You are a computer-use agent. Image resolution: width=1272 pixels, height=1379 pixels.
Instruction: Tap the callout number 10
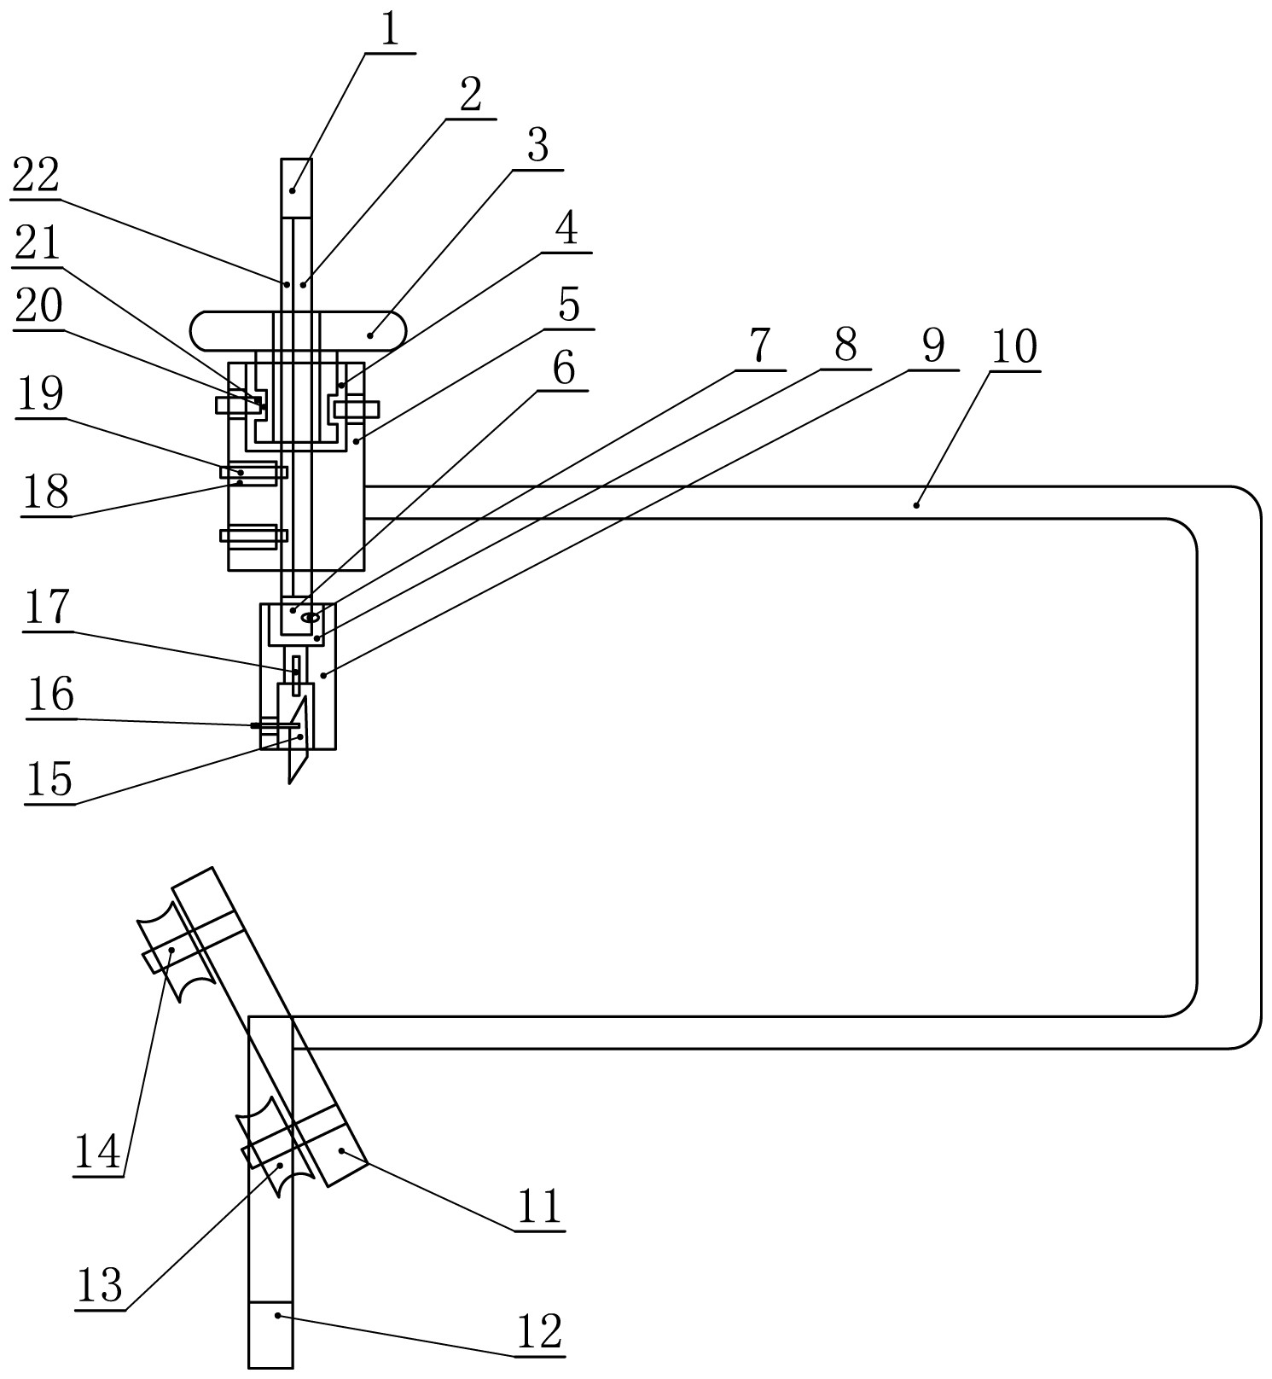tap(1014, 347)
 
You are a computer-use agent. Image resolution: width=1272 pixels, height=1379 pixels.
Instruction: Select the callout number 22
tap(35, 177)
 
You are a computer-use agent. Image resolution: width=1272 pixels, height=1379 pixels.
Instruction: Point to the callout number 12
tap(540, 1331)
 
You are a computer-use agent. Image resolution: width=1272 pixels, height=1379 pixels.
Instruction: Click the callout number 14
tap(97, 1153)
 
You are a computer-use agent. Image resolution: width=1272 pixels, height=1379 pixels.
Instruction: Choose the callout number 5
tap(569, 305)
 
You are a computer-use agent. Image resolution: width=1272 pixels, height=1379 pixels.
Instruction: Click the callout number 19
tap(41, 393)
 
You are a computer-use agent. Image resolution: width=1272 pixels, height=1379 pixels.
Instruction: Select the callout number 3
tap(537, 146)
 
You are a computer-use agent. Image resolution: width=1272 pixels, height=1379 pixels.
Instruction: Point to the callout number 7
tap(759, 346)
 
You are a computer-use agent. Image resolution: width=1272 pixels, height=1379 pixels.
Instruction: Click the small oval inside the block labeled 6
tap(311, 616)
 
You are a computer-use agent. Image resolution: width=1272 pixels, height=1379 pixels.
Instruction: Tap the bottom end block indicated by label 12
tap(270, 1335)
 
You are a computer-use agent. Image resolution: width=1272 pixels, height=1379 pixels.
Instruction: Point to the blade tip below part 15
tap(290, 782)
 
